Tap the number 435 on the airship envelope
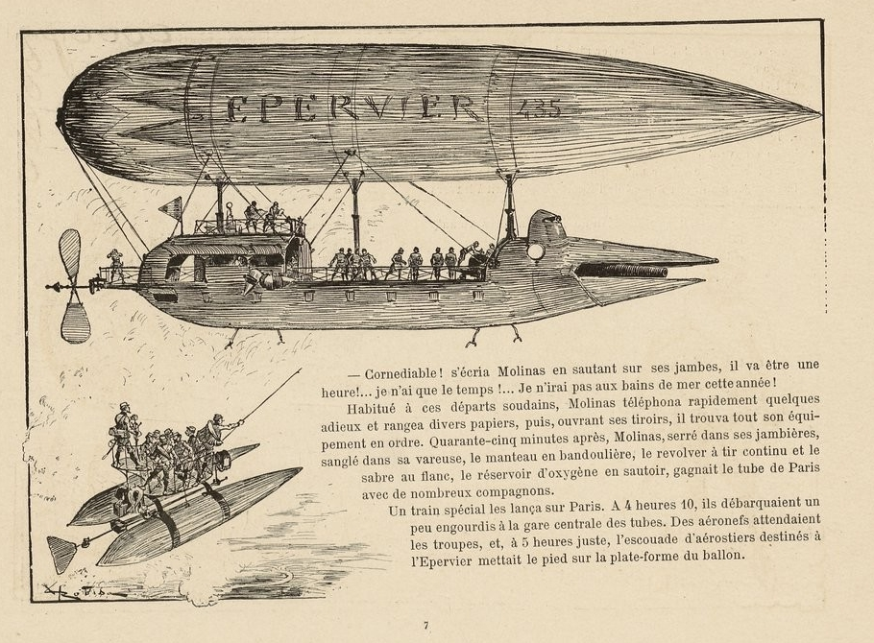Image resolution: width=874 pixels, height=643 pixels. pyautogui.click(x=539, y=108)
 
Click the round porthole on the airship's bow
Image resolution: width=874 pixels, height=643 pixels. pyautogui.click(x=536, y=251)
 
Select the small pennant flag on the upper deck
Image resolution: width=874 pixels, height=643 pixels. pyautogui.click(x=171, y=208)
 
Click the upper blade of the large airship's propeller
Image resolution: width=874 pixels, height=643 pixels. pyautogui.click(x=70, y=254)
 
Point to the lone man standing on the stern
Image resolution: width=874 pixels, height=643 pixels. pyautogui.click(x=116, y=265)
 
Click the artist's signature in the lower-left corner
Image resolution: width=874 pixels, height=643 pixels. pyautogui.click(x=84, y=590)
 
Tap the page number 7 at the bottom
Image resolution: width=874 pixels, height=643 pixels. pyautogui.click(x=425, y=626)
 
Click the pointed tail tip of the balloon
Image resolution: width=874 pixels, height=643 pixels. pyautogui.click(x=820, y=113)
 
